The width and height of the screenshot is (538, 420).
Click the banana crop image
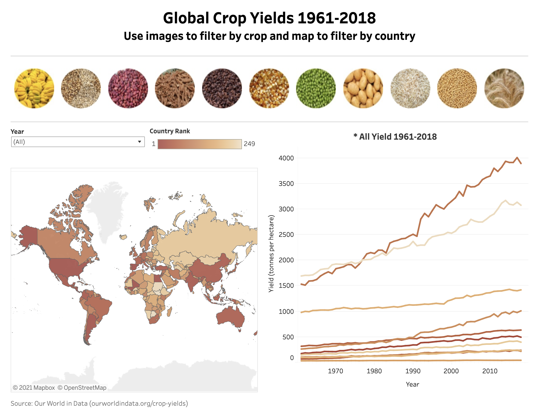(x=34, y=88)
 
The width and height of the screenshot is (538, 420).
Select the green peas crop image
(x=316, y=88)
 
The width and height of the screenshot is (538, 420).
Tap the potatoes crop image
(x=363, y=88)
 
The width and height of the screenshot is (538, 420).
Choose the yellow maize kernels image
(x=269, y=88)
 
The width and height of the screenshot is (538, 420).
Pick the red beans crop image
(x=128, y=88)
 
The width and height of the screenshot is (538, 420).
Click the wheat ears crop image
(x=504, y=88)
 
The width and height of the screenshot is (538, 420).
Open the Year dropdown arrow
(x=139, y=142)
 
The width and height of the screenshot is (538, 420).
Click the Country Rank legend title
(x=170, y=131)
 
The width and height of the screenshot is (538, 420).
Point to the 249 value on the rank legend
(x=249, y=144)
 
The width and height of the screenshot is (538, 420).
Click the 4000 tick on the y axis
(x=286, y=158)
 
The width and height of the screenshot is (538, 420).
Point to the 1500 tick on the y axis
(x=286, y=286)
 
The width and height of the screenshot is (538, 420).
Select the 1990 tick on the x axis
(x=413, y=371)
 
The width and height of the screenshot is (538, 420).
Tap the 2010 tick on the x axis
(x=490, y=371)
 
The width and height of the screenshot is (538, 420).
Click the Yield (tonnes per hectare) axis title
(x=271, y=254)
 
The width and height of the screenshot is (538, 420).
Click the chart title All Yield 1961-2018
(x=395, y=137)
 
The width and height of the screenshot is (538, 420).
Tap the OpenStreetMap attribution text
(x=82, y=388)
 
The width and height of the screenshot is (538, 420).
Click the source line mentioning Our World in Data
(x=99, y=404)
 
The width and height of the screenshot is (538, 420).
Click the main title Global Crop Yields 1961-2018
(x=269, y=18)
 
